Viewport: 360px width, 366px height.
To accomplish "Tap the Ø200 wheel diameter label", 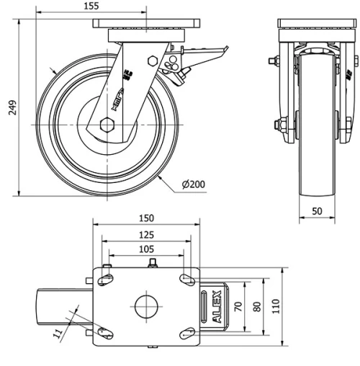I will tap(194, 184).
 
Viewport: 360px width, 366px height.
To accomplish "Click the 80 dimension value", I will tap(257, 305).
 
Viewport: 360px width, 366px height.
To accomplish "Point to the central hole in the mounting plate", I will tap(146, 305).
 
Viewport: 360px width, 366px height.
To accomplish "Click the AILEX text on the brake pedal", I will tap(217, 305).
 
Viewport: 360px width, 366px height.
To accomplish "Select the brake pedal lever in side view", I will tap(205, 52).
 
